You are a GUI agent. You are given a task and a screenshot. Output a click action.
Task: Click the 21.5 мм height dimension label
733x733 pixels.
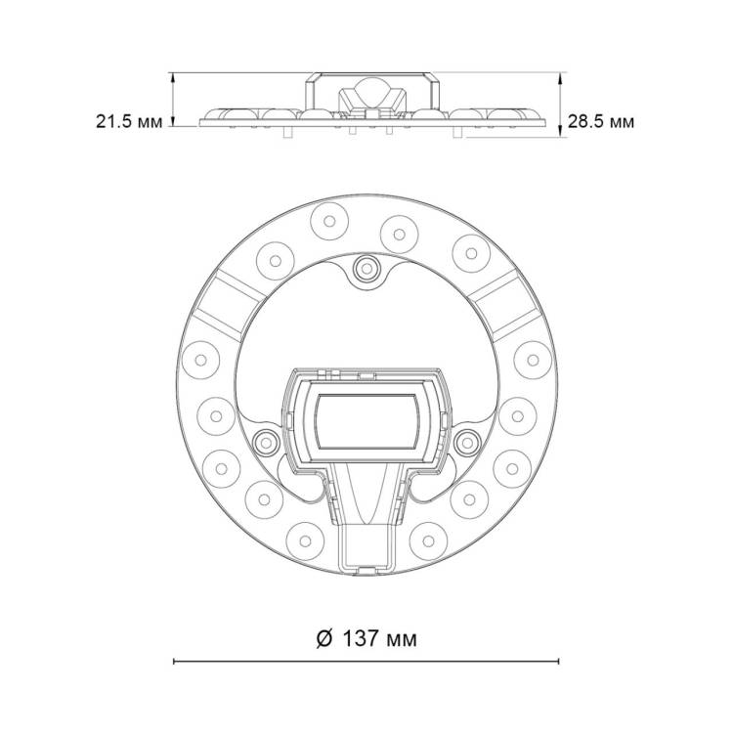pos(129,121)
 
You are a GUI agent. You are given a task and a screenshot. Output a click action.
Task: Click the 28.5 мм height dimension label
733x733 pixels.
pos(601,121)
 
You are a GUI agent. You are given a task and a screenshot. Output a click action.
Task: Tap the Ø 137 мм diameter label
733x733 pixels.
pos(366,638)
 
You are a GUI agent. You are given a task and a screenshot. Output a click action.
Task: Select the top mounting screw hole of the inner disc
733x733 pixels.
pos(366,269)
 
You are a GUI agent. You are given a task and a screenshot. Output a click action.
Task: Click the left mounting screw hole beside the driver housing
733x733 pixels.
pos(266,442)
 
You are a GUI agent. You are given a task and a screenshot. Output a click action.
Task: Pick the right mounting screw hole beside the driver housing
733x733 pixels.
pos(467,442)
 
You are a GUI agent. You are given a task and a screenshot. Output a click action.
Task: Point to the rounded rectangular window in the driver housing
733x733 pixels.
pos(366,421)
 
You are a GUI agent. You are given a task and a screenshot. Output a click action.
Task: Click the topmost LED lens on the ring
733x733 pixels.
pos(329,221)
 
